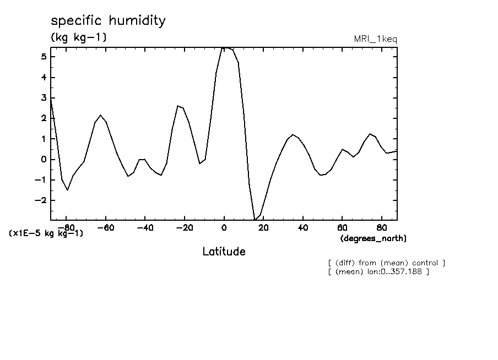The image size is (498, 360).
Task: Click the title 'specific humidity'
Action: click(108, 21)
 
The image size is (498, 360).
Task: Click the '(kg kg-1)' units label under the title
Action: click(79, 37)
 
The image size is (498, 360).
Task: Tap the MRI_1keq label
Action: click(375, 39)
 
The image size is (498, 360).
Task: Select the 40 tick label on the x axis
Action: click(303, 227)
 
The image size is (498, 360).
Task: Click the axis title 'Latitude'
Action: click(224, 252)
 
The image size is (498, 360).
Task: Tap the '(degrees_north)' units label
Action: click(373, 238)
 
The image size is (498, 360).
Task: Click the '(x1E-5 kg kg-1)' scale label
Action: click(46, 233)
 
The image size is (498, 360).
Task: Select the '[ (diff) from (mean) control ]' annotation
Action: click(386, 263)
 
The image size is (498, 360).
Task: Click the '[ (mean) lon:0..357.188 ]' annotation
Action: click(378, 271)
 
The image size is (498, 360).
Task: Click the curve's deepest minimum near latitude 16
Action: click(255, 220)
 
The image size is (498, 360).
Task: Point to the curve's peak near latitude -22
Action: click(177, 106)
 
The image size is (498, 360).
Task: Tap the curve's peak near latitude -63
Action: click(100, 115)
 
